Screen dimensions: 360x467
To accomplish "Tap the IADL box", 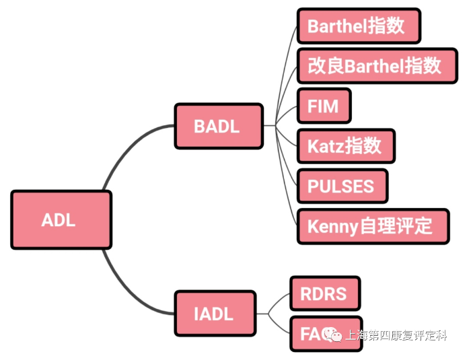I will tap(215, 314).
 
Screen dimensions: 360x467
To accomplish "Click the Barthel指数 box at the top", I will tap(358, 26).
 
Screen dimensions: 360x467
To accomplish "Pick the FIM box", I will tap(323, 106).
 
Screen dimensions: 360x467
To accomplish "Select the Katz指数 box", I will tap(345, 146).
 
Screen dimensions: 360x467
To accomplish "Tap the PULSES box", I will tap(342, 186).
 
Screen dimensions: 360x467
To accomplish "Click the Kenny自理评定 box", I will tap(372, 226).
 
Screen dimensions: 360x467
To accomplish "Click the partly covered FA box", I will tap(312, 333).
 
